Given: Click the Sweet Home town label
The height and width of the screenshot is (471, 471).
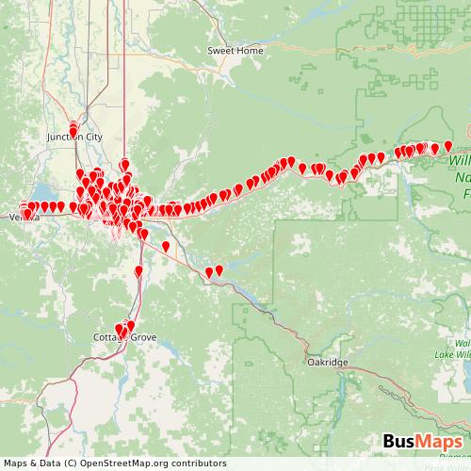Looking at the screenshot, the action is [x=235, y=50].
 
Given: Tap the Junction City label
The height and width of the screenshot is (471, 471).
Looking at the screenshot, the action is [x=74, y=137].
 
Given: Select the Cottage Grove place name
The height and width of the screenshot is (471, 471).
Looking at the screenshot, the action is [x=124, y=336].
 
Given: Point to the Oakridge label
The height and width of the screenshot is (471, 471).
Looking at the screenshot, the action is [x=327, y=362].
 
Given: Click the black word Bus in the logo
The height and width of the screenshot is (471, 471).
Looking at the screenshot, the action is [x=399, y=443].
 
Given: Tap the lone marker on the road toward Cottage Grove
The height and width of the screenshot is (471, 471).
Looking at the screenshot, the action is [x=138, y=271].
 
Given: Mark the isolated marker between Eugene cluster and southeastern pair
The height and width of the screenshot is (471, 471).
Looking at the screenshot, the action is [x=166, y=246].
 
